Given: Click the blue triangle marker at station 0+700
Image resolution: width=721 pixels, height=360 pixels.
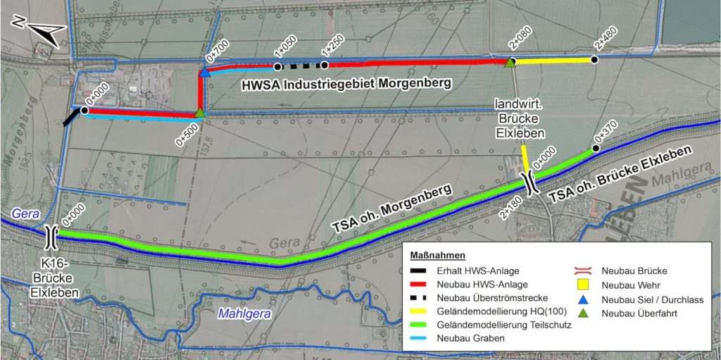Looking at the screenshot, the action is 205,72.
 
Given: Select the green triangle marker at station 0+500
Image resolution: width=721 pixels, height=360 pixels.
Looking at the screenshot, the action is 200,113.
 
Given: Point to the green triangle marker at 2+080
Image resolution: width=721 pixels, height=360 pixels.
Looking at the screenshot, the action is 510,62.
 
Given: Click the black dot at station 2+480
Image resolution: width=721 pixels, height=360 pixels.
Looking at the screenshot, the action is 594,60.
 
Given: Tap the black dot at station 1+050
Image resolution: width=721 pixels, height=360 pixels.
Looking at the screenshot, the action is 277,67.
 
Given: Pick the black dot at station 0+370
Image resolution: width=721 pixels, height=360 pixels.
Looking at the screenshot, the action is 596,148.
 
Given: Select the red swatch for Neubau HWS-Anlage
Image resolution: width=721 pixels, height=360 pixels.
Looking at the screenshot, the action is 422,283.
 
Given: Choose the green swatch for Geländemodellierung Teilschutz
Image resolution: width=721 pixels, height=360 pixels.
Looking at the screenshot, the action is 422,325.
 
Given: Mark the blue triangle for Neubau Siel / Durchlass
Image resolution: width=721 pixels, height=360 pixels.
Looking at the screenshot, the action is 582,299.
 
